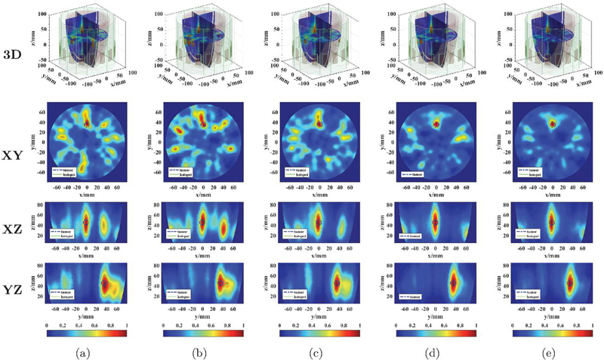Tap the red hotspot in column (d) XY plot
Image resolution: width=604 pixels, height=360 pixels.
(x=436, y=124)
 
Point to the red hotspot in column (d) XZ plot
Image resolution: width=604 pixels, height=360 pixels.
(x=436, y=221)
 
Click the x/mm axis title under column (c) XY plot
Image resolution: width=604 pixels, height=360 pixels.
(x=319, y=192)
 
